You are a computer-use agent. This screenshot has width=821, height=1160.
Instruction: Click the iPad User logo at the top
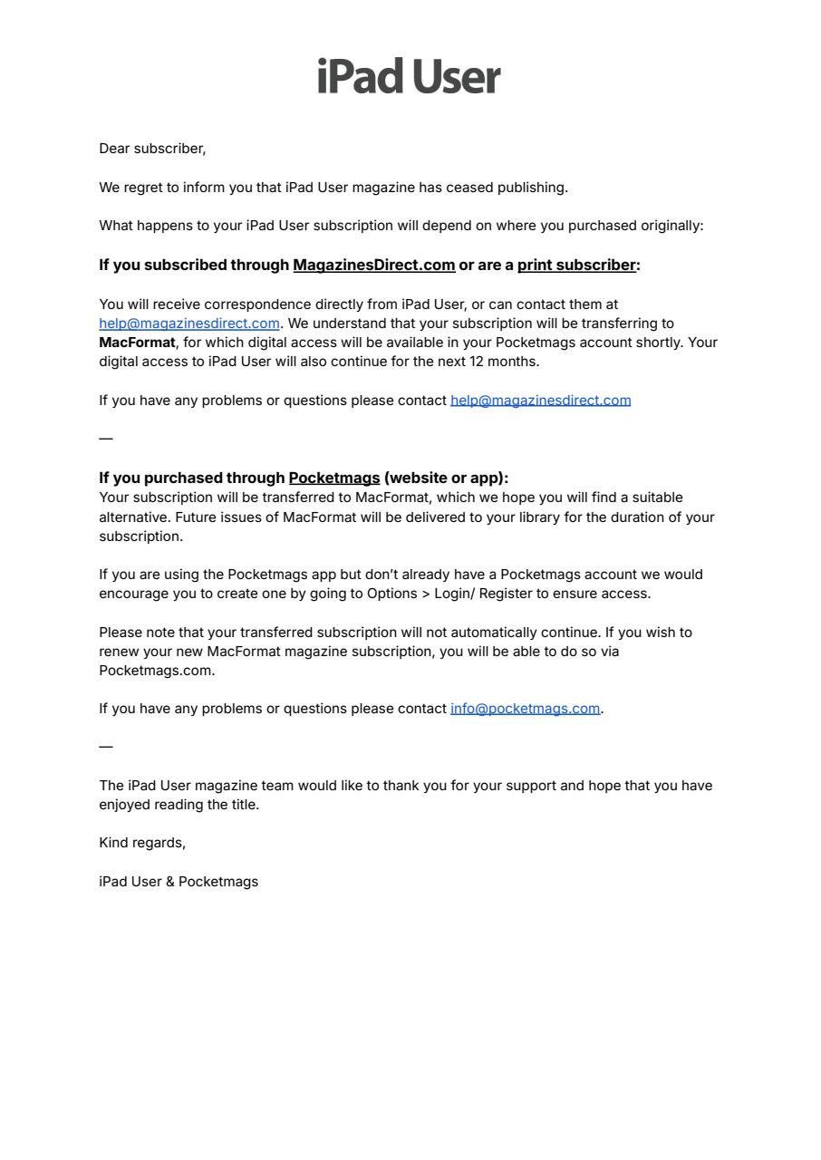point(409,77)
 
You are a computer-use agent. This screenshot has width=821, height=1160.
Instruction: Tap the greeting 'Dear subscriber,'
point(152,149)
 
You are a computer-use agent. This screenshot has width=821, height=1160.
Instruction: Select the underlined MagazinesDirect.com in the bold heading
point(373,265)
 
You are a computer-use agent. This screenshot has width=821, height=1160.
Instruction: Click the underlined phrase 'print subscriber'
point(576,265)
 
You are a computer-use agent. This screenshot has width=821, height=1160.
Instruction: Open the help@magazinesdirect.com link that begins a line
point(188,324)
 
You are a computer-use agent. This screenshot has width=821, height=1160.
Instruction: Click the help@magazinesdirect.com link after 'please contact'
point(540,401)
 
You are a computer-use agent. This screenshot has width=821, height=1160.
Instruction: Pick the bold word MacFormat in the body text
point(137,343)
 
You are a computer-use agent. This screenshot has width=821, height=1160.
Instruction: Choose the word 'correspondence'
point(257,304)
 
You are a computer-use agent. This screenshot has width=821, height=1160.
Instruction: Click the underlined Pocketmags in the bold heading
point(333,478)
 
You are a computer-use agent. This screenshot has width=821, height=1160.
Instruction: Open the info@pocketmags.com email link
point(525,709)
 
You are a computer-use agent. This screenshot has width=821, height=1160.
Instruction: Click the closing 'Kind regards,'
point(142,843)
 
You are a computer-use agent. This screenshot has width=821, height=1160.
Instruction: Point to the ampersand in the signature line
point(170,882)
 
